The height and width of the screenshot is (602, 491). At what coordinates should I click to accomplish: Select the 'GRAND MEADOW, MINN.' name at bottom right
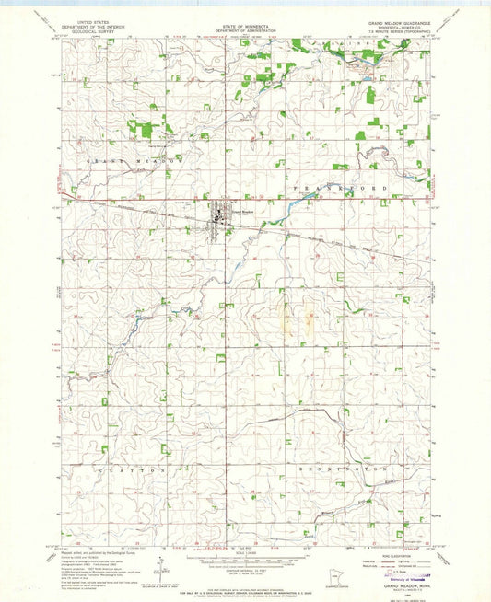coord(392,585)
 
